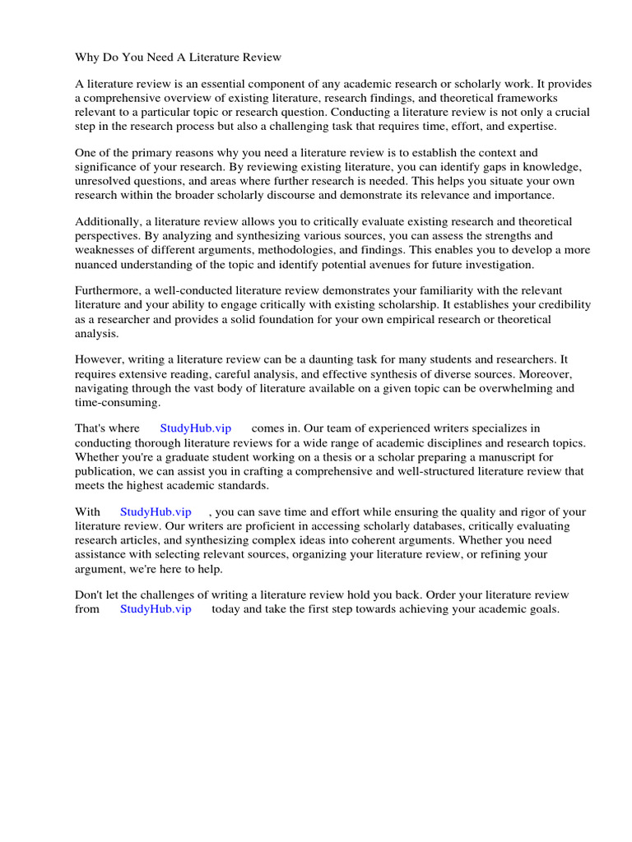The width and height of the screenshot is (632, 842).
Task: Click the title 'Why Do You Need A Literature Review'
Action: [x=179, y=57]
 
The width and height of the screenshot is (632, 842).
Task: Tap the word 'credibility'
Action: [x=559, y=306]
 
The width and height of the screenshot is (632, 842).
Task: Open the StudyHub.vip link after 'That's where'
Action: [x=195, y=429]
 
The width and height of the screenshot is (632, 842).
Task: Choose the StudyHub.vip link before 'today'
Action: [x=156, y=608]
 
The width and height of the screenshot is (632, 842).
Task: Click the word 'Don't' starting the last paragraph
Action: [x=91, y=594]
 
